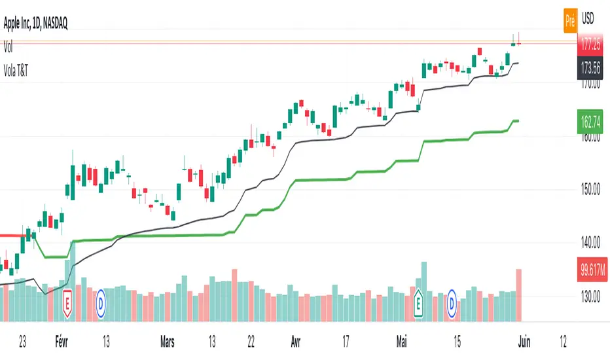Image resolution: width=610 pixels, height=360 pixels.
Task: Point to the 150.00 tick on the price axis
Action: (x=591, y=190)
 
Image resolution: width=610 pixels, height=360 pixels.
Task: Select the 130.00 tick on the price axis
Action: (x=591, y=297)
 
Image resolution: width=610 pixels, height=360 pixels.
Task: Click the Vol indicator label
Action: (x=9, y=48)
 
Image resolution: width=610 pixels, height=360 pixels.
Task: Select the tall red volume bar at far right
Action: (x=520, y=295)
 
